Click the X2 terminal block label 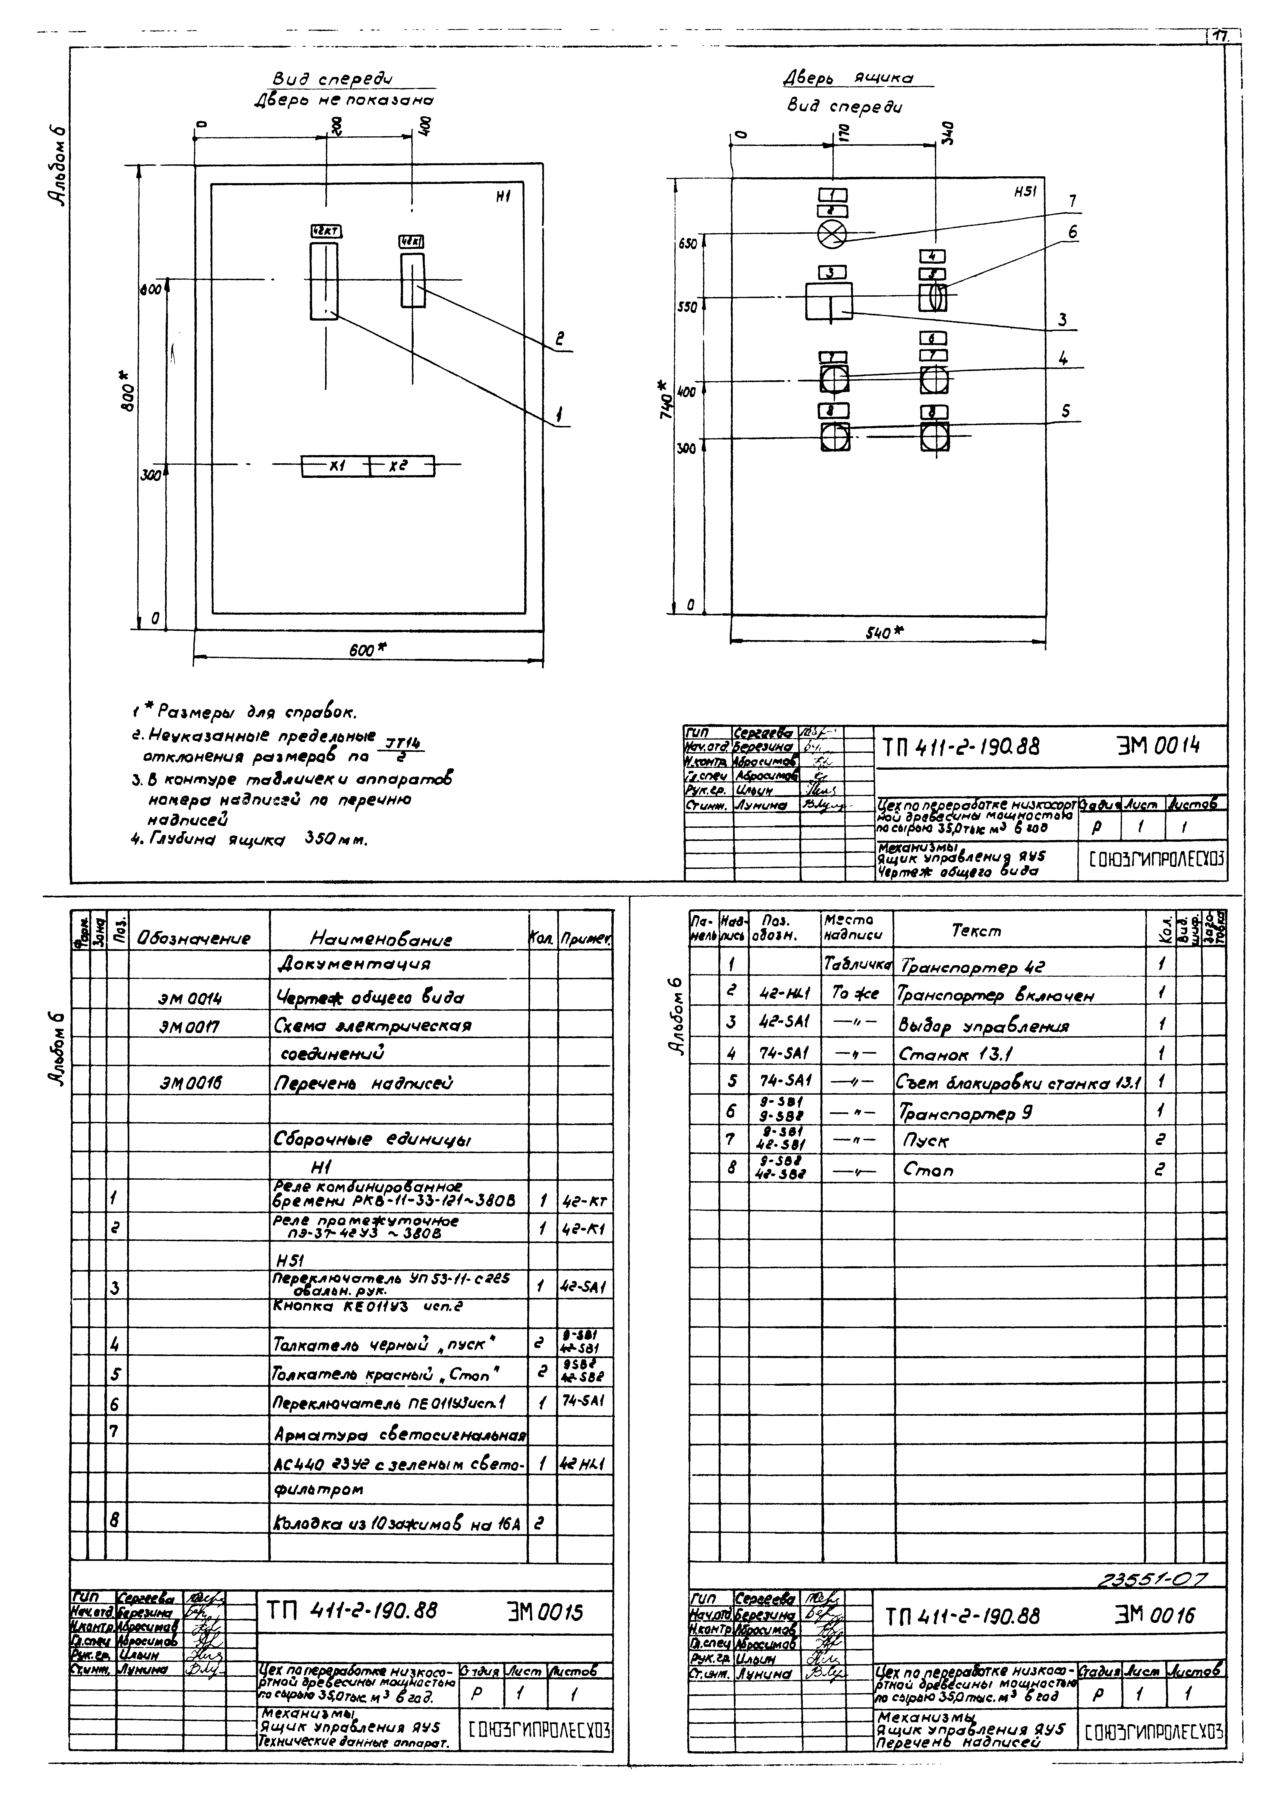(x=397, y=466)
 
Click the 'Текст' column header (x=976, y=931)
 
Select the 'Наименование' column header (x=382, y=939)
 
